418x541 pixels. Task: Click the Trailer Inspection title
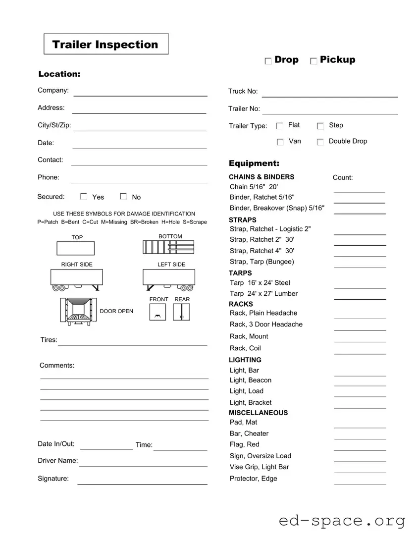[105, 44]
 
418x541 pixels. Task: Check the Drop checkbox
[268, 61]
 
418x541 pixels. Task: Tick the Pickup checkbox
[313, 61]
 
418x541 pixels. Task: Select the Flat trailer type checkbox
[280, 126]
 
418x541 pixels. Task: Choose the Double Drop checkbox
[320, 142]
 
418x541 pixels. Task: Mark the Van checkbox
[280, 142]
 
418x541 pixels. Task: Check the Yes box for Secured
[84, 197]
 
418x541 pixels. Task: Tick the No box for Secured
[123, 197]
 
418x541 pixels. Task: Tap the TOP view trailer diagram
[75, 248]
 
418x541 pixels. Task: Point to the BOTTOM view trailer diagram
[168, 247]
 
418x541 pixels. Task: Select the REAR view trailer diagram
[181, 312]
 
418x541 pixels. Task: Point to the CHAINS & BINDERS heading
[261, 177]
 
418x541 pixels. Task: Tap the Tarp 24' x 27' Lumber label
[263, 294]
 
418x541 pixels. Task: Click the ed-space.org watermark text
[342, 521]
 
